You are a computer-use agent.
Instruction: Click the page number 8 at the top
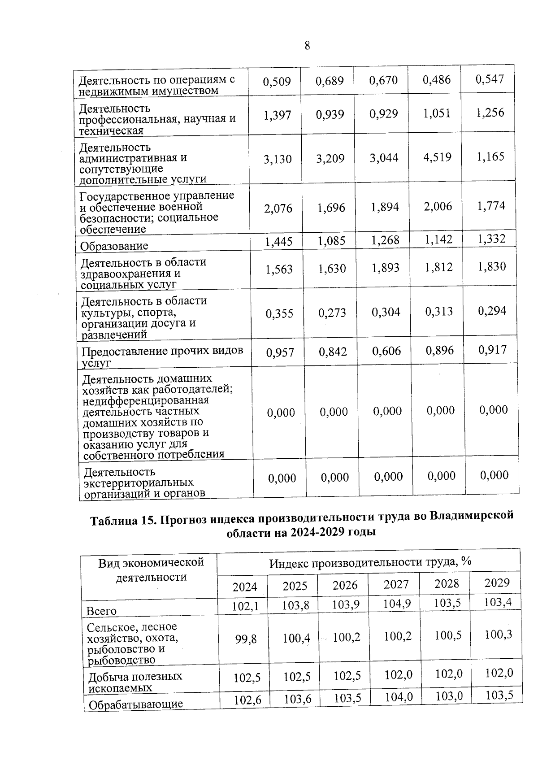tap(307, 46)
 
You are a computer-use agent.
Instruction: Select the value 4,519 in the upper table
tap(437, 157)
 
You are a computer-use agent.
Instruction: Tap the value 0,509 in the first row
tap(277, 82)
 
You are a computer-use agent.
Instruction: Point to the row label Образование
tap(114, 246)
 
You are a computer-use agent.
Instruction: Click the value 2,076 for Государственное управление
tap(278, 209)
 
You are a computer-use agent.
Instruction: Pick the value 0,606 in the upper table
tap(386, 351)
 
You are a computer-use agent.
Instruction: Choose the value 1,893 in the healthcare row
tap(386, 268)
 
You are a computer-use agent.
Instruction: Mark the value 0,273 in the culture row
tap(332, 313)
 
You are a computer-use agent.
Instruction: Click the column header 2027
tap(396, 584)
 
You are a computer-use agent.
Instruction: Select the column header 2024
tap(245, 587)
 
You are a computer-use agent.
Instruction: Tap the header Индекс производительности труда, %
tap(370, 562)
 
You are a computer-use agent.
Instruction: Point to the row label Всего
tap(101, 611)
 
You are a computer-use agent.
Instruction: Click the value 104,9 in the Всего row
tap(397, 604)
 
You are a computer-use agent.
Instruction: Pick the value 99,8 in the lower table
tap(246, 639)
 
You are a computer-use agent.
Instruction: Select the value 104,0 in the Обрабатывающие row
tap(398, 697)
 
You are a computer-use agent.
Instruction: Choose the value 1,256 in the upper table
tap(490, 113)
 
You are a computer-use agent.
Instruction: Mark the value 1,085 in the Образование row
tap(331, 242)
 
